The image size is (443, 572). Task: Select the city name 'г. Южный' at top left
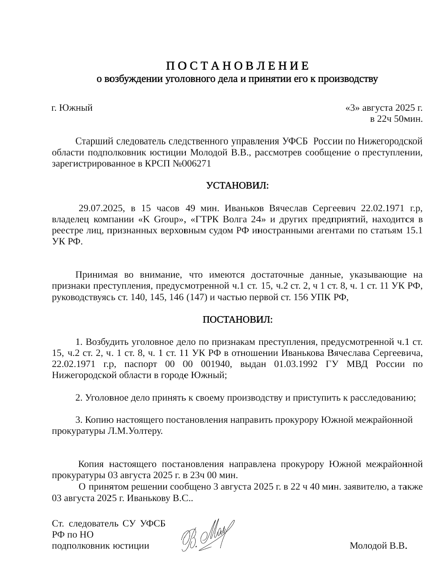(72, 108)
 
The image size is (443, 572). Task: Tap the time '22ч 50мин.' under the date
(396, 119)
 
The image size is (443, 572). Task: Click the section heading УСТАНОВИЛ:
(237, 186)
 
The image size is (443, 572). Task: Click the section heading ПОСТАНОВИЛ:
(237, 319)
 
